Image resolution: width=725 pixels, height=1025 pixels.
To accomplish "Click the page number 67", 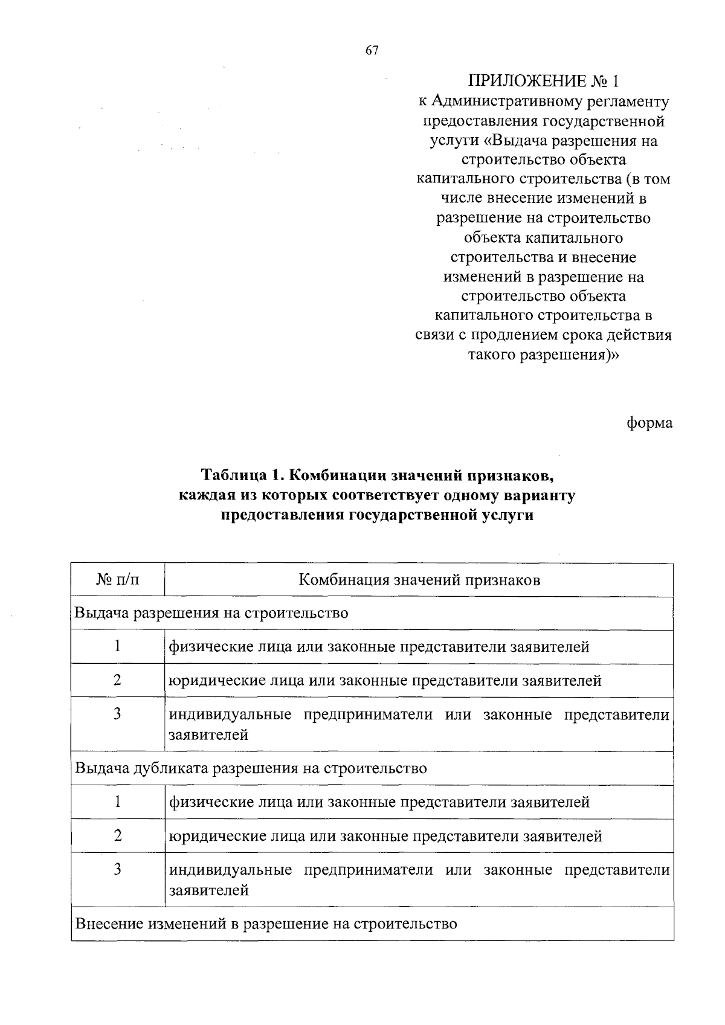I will pyautogui.click(x=372, y=51).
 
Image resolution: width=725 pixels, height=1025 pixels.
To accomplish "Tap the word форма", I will pyautogui.click(x=649, y=423).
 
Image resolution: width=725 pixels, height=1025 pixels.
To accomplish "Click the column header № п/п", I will pyautogui.click(x=118, y=580).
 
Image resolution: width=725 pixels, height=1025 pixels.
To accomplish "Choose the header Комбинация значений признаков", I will pyautogui.click(x=419, y=580).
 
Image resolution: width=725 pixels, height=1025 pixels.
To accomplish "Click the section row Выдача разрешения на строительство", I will pyautogui.click(x=211, y=613).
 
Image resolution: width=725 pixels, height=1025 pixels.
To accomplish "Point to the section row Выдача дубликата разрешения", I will pyautogui.click(x=251, y=768).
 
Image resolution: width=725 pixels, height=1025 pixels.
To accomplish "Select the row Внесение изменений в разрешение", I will pyautogui.click(x=266, y=924).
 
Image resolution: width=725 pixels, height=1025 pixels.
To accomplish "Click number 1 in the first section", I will pyautogui.click(x=118, y=646).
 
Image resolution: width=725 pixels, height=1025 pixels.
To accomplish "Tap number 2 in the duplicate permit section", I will pyautogui.click(x=118, y=835).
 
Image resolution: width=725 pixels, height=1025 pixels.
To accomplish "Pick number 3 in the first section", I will pyautogui.click(x=118, y=714).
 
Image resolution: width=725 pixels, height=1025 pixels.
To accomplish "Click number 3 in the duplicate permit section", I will pyautogui.click(x=118, y=869).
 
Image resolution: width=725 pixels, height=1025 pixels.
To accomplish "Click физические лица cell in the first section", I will pyautogui.click(x=379, y=647).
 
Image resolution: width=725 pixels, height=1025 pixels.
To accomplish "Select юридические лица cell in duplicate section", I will pyautogui.click(x=385, y=837).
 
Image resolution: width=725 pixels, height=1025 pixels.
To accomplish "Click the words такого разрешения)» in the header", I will pyautogui.click(x=544, y=355).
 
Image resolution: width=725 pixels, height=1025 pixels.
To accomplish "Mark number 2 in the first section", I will pyautogui.click(x=118, y=680).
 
